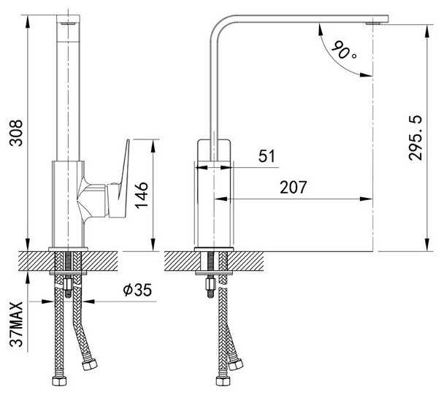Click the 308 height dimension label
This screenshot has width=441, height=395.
[x=16, y=133]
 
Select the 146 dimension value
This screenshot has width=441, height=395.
[x=142, y=195]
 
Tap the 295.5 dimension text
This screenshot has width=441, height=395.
[x=415, y=138]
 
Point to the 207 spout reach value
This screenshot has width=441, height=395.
[x=293, y=187]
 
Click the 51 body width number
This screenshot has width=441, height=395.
[x=267, y=156]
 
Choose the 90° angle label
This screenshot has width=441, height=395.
[x=343, y=50]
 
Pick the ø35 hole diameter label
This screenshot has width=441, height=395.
[x=137, y=290]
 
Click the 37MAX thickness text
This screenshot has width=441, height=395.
[x=16, y=324]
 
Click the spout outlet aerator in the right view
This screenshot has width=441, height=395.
[x=373, y=23]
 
